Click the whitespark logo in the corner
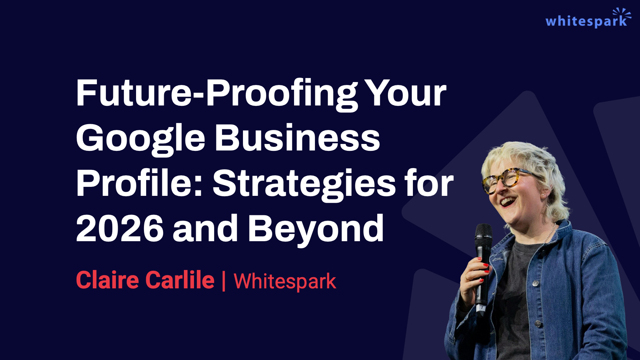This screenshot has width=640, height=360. tap(588, 18)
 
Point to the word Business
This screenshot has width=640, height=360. tap(297, 138)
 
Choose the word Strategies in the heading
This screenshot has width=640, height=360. tap(305, 184)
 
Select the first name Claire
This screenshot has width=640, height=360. tap(108, 280)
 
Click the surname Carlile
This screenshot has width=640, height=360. tap(180, 280)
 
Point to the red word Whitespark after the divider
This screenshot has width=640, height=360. tap(285, 281)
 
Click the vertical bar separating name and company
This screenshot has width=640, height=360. tap(224, 281)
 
